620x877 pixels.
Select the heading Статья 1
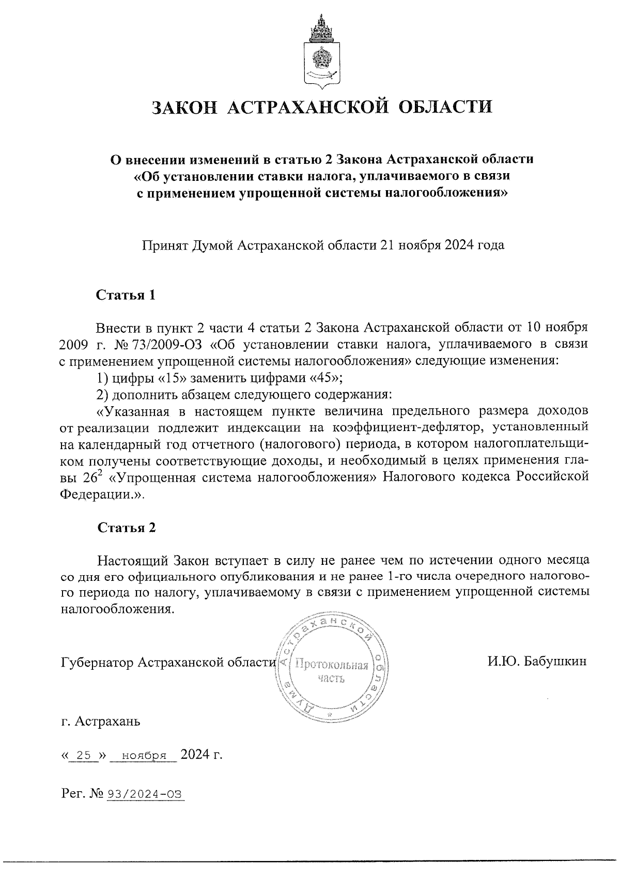(x=126, y=296)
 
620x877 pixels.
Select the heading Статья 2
(x=126, y=528)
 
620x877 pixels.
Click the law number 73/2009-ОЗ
(x=165, y=344)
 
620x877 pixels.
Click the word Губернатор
(x=98, y=663)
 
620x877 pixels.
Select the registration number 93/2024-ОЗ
(x=145, y=794)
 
